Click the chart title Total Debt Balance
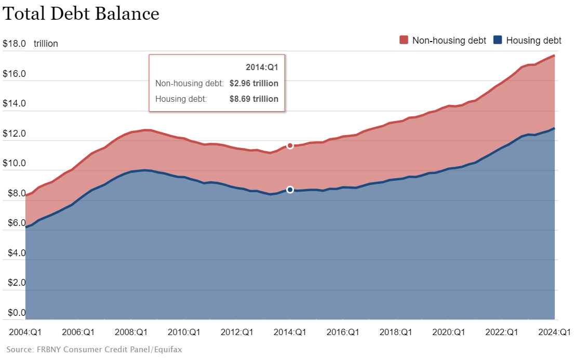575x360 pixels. pos(81,14)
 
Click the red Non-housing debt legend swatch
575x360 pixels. pos(404,40)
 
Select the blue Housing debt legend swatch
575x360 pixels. pos(498,40)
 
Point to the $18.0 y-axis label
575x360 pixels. pos(15,44)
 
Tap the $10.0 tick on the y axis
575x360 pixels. pos(15,164)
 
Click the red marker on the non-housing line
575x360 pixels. pos(290,146)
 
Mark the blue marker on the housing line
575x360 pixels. pos(290,190)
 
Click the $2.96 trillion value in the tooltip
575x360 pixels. pos(253,83)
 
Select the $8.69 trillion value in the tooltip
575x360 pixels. pos(253,99)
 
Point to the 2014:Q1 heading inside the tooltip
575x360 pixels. pos(262,68)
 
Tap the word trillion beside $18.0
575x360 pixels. pos(46,44)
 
